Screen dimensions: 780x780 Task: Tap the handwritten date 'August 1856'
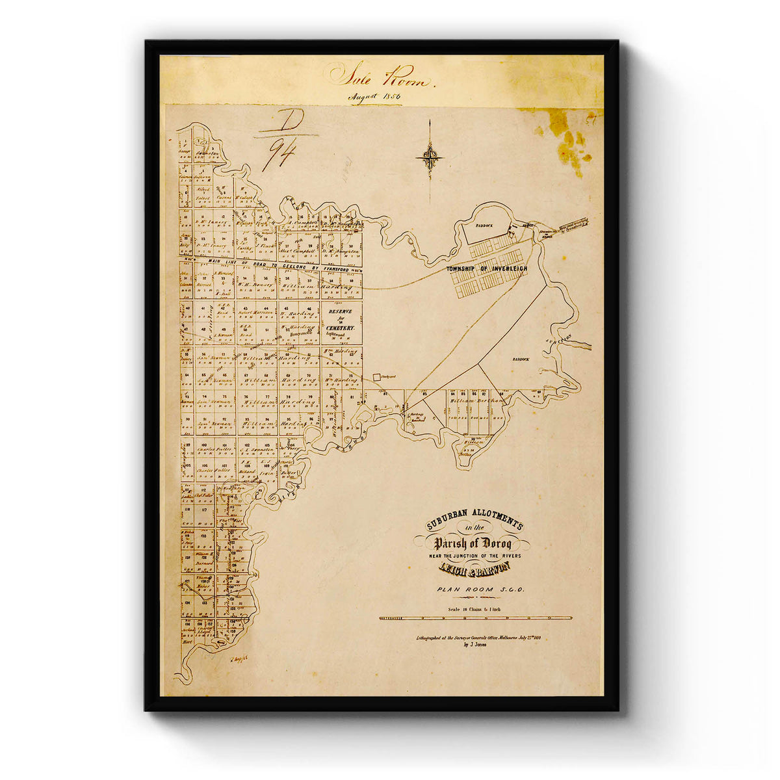374,97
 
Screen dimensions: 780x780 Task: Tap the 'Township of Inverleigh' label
487,268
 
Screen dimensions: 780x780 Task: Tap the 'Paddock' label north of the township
484,226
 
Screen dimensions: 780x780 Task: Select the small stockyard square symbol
376,376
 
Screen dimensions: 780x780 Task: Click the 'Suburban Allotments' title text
474,522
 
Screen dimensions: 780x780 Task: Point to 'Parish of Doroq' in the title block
473,543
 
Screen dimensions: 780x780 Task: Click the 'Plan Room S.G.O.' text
475,590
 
